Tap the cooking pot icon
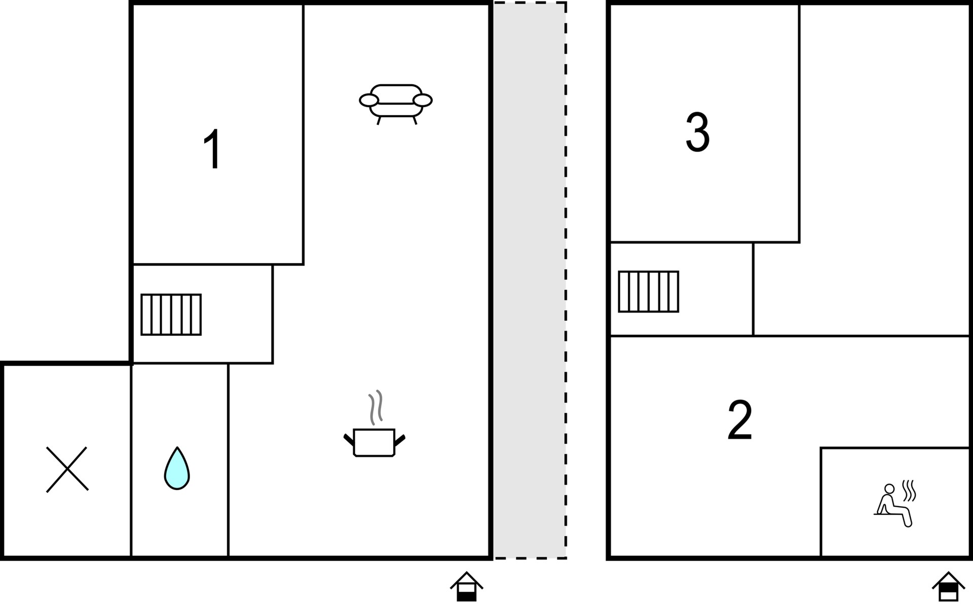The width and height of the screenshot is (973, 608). pyautogui.click(x=374, y=442)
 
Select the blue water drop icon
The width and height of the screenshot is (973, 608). pyautogui.click(x=177, y=470)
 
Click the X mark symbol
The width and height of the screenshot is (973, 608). pyautogui.click(x=67, y=469)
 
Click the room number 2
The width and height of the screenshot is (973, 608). pyautogui.click(x=739, y=420)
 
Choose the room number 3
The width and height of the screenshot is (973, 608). pyautogui.click(x=697, y=132)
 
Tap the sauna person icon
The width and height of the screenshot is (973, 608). pyautogui.click(x=893, y=506)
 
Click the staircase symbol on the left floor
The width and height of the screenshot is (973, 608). pyautogui.click(x=171, y=315)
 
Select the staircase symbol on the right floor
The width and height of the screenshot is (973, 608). pyautogui.click(x=648, y=292)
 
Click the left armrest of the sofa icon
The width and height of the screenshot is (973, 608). pyautogui.click(x=369, y=100)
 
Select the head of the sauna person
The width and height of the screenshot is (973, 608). pyautogui.click(x=889, y=488)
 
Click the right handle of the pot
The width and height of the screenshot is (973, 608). pyautogui.click(x=400, y=440)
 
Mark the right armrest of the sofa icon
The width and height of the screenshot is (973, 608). pyautogui.click(x=423, y=100)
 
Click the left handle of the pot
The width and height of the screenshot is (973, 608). pyautogui.click(x=349, y=440)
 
